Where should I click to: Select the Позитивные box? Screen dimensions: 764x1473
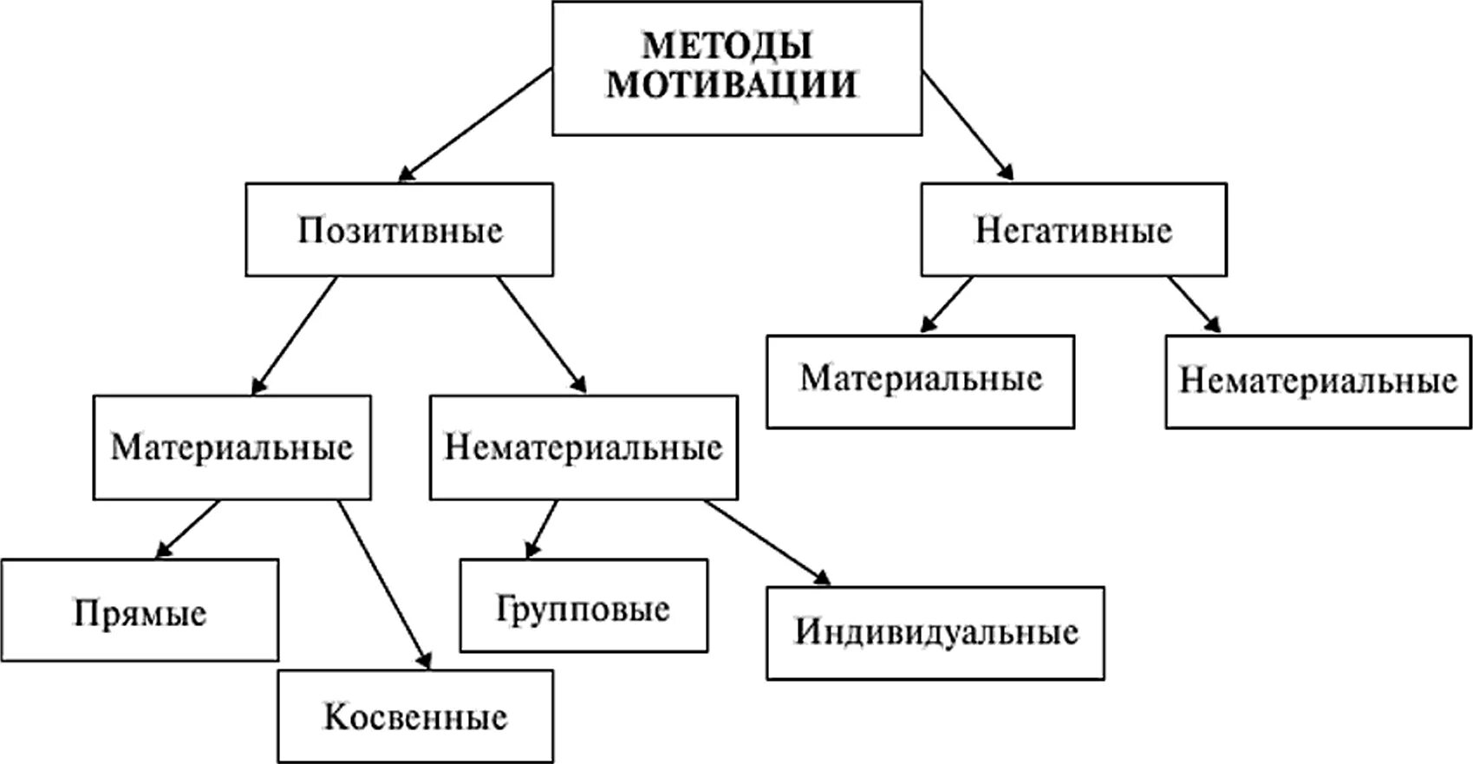tap(400, 230)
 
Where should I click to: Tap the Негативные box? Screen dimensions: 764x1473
tap(1073, 230)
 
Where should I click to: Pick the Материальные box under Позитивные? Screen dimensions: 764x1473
tap(231, 447)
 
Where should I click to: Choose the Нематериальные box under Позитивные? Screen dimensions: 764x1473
tap(583, 447)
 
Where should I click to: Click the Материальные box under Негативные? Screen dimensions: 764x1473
tap(920, 381)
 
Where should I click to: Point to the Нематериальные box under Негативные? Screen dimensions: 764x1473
tap(1318, 382)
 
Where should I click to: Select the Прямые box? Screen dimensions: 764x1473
tap(140, 611)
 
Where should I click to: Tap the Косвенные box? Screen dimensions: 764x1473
tap(415, 717)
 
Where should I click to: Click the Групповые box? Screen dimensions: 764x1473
tap(583, 605)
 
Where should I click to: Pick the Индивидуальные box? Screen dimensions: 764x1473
tap(935, 632)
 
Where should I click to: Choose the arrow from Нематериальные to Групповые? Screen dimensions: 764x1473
tap(543, 529)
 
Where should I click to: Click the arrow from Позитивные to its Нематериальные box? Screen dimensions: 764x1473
tap(542, 335)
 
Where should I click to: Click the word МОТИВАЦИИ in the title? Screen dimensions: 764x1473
tap(731, 85)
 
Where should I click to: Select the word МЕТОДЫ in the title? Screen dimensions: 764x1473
tap(727, 45)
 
